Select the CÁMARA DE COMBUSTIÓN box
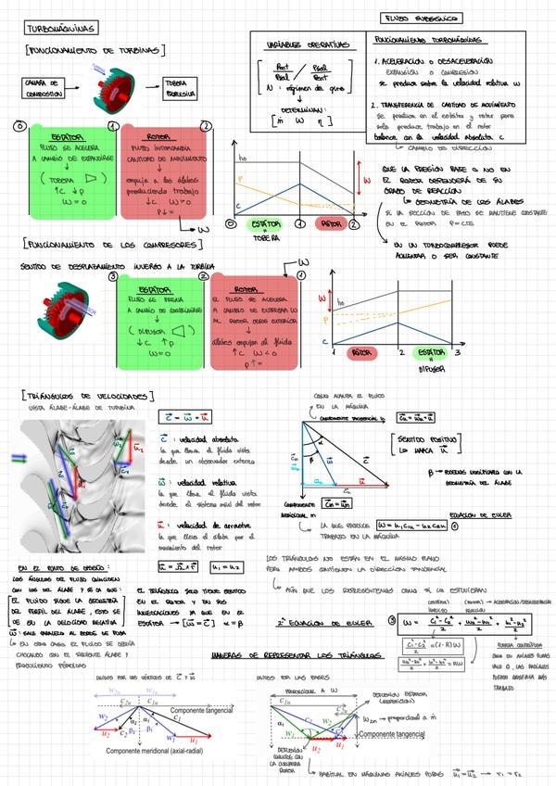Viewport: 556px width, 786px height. [x=43, y=88]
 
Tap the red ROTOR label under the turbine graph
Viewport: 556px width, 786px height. [x=329, y=224]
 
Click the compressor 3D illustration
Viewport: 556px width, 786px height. [x=63, y=306]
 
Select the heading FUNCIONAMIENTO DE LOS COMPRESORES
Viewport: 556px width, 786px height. [x=111, y=245]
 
